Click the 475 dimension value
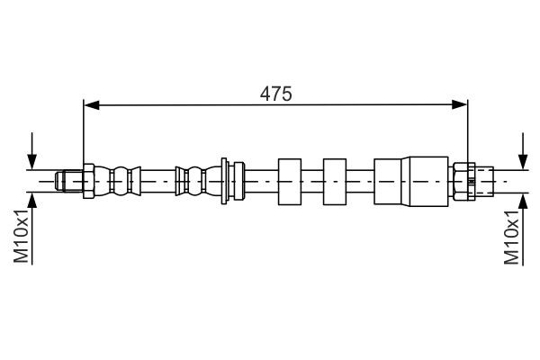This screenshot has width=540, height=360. (276, 94)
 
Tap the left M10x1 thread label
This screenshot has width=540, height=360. (21, 236)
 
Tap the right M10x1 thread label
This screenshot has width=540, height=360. (511, 238)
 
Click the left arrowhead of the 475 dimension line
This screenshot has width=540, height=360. (91, 104)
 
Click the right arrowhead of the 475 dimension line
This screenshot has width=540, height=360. (459, 104)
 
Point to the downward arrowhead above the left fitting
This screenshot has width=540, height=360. (32, 162)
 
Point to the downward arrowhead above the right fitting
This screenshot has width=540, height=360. (523, 162)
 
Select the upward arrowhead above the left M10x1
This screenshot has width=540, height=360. (32, 201)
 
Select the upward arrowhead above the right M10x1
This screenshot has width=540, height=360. (523, 201)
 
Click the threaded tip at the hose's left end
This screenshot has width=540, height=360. (69, 181)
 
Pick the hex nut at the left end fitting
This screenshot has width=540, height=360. (88, 181)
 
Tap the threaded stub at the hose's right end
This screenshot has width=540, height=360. (484, 181)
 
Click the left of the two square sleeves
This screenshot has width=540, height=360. (290, 182)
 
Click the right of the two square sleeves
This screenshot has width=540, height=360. (335, 182)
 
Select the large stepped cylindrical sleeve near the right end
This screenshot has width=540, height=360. (411, 182)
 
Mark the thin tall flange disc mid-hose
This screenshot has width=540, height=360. (224, 181)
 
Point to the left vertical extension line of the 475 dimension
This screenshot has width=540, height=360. (84, 131)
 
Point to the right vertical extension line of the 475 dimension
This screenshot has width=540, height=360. (468, 131)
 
